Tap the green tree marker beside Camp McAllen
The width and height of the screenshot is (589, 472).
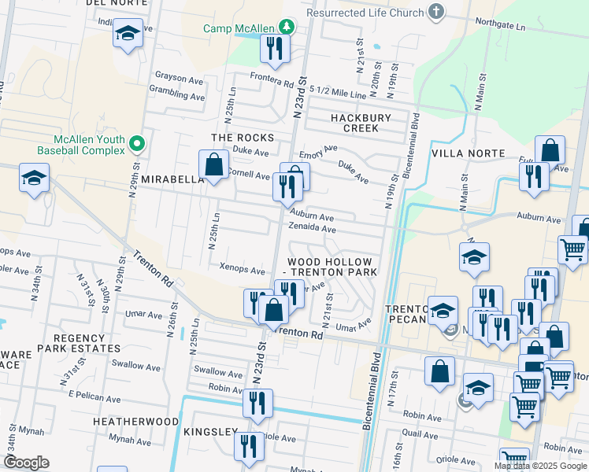click(x=287, y=27)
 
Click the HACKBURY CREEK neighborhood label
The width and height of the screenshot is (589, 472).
click(x=360, y=123)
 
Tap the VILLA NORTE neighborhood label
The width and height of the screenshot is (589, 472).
click(x=465, y=153)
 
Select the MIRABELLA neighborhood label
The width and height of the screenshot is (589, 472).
click(x=172, y=179)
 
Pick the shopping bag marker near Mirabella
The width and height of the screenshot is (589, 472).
click(x=213, y=166)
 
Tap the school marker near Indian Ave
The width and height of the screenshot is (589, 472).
click(x=127, y=34)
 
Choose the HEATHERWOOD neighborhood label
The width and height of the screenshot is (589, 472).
click(x=135, y=422)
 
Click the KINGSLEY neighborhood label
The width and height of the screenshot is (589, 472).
click(x=209, y=432)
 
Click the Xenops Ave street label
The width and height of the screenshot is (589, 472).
click(x=242, y=270)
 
